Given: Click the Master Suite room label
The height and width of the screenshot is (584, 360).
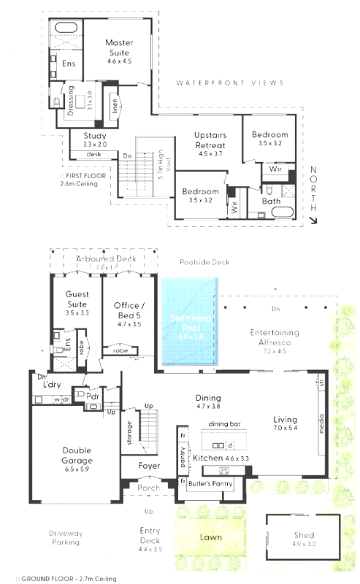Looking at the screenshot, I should pyautogui.click(x=118, y=47).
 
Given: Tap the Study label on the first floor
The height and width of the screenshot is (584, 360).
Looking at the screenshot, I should pyautogui.click(x=94, y=137).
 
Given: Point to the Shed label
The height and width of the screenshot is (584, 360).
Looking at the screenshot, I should pyautogui.click(x=303, y=534).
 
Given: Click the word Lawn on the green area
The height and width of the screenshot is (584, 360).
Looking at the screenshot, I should pyautogui.click(x=210, y=537).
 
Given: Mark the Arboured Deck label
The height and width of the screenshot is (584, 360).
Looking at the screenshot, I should pyautogui.click(x=107, y=258).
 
